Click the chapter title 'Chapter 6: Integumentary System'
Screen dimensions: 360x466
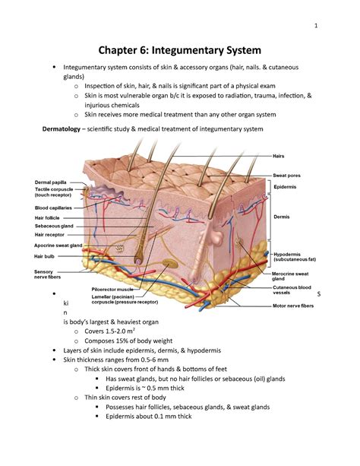(180, 52)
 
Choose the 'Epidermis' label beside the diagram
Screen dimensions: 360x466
(288, 186)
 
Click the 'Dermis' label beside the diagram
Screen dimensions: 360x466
(283, 216)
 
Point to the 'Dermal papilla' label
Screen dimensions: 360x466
(49, 182)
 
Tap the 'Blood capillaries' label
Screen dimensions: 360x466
(52, 208)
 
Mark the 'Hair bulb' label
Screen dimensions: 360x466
(43, 257)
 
